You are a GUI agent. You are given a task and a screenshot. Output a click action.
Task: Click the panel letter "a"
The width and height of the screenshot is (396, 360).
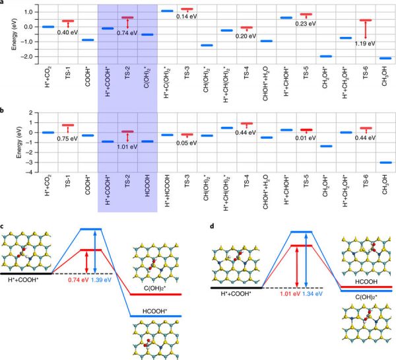tap(3, 5)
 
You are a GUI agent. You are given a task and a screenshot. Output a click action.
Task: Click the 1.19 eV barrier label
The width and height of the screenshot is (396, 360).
tap(364, 44)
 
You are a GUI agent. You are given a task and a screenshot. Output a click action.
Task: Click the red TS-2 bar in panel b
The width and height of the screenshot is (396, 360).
tap(127, 131)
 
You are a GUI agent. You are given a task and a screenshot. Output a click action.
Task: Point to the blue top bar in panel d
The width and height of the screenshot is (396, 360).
tap(301, 232)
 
